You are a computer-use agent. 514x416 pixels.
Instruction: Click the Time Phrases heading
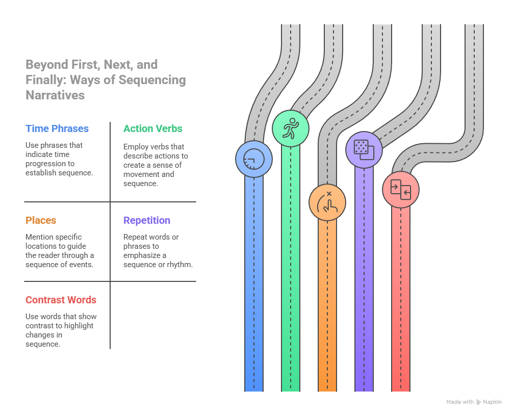tap(57, 129)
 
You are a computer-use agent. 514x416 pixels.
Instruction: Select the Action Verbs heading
tap(152, 129)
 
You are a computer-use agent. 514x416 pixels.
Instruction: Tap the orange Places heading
tap(41, 221)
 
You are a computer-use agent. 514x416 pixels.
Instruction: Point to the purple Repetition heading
tap(147, 221)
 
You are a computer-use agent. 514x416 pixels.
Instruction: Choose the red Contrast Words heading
tap(61, 300)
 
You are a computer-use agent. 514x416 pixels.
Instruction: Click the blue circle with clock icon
tap(253, 159)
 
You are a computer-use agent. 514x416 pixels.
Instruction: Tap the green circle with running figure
tap(291, 129)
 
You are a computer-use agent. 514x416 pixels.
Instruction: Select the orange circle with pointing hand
tap(327, 202)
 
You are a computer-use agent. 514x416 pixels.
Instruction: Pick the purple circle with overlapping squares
tap(364, 149)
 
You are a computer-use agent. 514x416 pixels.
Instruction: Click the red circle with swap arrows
tap(401, 190)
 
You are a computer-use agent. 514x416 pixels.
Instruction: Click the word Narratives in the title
tap(55, 95)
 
